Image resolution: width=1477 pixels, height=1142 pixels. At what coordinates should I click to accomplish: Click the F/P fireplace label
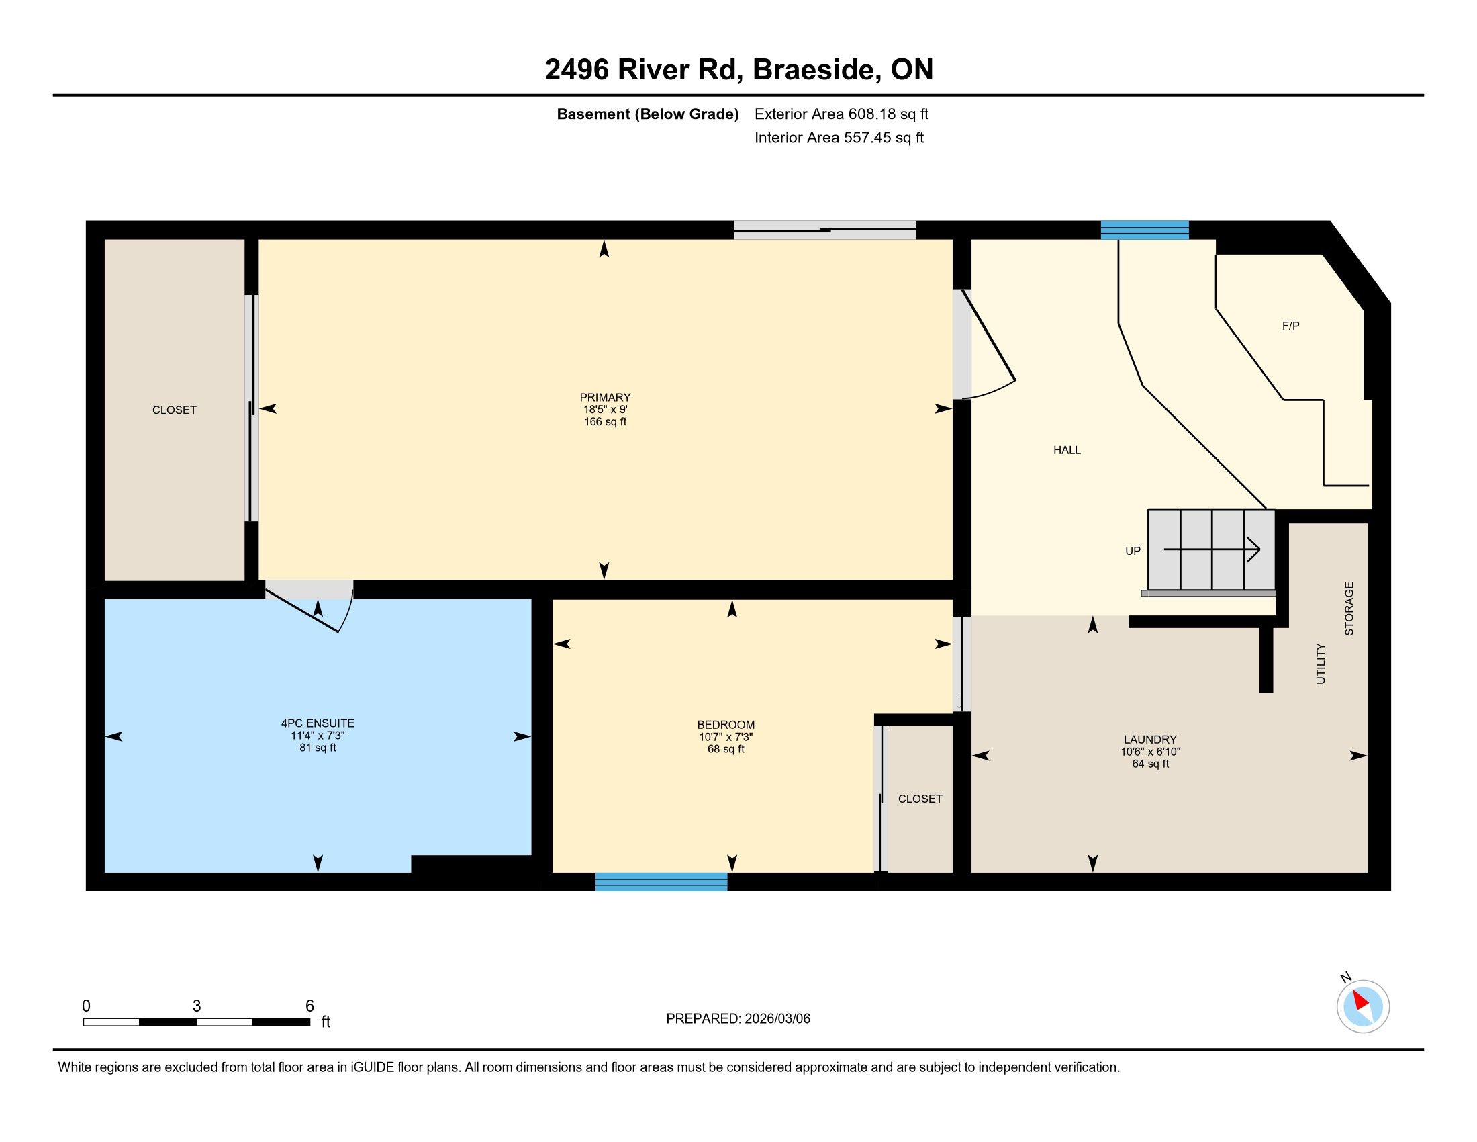coord(1290,326)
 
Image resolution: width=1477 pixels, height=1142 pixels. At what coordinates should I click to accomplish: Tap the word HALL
coord(1067,450)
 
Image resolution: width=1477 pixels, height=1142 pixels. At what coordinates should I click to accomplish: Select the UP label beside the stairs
coord(1133,551)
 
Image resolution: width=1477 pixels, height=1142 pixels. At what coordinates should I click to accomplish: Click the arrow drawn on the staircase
coord(1211,550)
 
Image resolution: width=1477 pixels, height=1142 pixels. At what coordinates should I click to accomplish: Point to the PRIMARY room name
coord(605,398)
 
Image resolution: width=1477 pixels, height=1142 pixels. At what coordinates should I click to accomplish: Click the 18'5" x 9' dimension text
coord(605,409)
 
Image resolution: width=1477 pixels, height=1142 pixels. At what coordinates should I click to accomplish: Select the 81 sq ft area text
coord(317,748)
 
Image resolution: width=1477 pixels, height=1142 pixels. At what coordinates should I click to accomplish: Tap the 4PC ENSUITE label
coord(317,723)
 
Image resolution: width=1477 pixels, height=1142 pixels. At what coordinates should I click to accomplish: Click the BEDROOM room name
coord(726,725)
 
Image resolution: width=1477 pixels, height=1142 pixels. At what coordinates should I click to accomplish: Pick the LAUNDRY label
coord(1149,740)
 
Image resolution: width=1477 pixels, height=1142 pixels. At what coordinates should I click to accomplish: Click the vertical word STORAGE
coord(1349,608)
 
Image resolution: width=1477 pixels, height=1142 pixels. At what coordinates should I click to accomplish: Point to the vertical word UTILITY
coord(1320,664)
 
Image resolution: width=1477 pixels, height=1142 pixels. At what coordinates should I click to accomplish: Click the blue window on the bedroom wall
coord(661,881)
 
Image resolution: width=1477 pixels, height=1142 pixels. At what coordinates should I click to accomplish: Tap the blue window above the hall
coord(1144,230)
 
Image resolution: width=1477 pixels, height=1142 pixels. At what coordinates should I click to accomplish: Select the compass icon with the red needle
coord(1362,1006)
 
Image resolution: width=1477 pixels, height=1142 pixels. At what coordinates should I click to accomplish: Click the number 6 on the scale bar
coord(309,1006)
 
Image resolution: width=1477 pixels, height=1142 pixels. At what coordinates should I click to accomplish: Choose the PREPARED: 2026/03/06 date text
coord(738,1019)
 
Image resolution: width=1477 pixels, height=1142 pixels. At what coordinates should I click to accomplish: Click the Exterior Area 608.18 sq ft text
coord(841,114)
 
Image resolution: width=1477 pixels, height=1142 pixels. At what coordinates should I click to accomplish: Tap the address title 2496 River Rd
coord(643,69)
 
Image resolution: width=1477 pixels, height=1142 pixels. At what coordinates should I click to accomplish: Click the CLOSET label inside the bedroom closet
coord(920,799)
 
